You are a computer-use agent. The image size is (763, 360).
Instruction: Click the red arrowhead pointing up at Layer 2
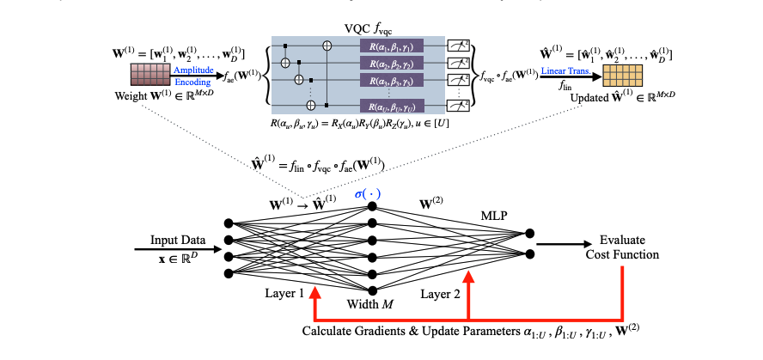point(468,277)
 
